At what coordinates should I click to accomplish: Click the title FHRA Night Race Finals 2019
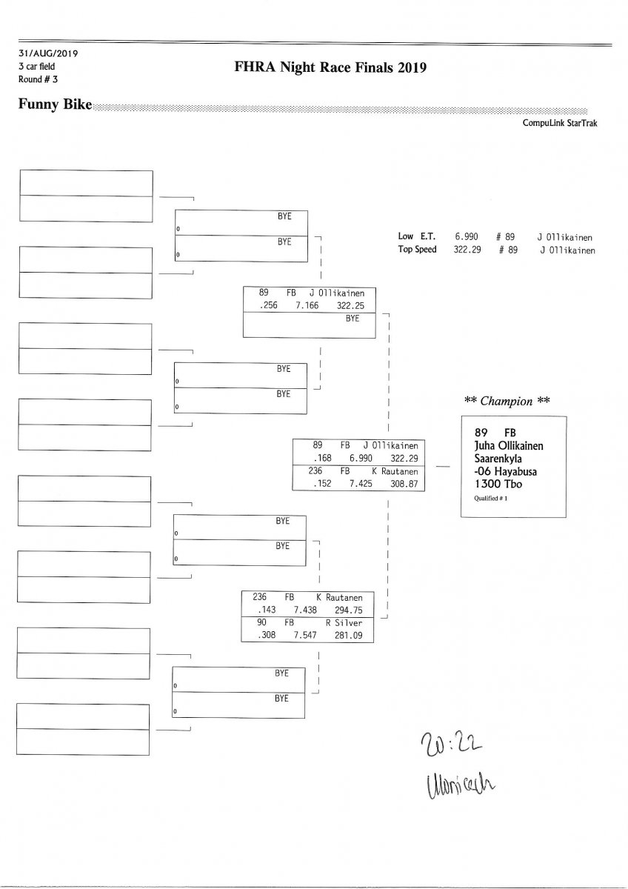[330, 68]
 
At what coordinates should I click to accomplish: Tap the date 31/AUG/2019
[49, 54]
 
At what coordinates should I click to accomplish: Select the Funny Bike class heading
[55, 104]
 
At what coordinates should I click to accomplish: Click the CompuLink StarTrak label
[559, 124]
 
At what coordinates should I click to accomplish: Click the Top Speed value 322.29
[467, 250]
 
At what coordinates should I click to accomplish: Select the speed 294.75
[347, 609]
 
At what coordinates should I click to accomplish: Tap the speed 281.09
[347, 636]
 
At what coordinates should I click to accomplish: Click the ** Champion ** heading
[507, 401]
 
